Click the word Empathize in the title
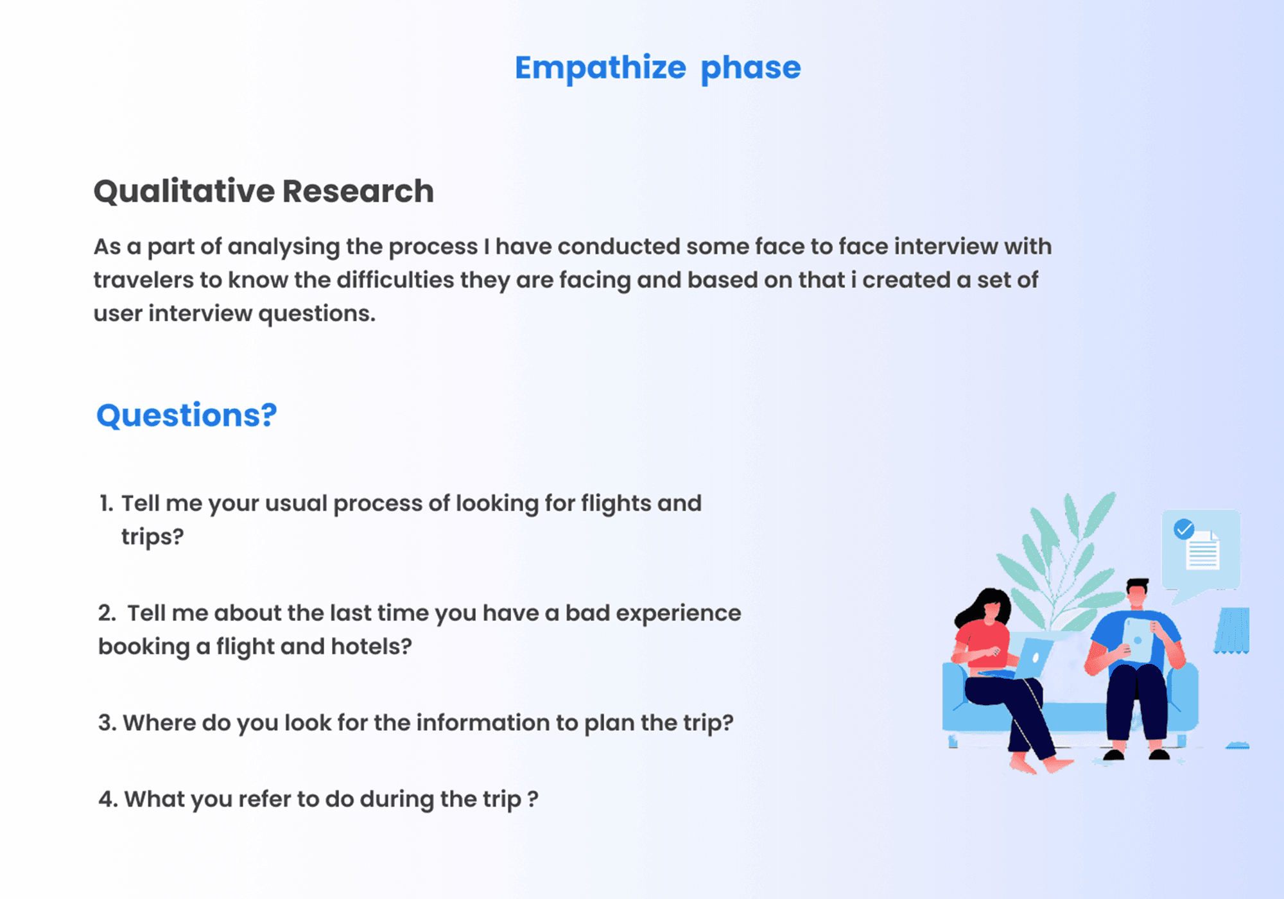[600, 68]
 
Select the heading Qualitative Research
[264, 191]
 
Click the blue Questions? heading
[187, 415]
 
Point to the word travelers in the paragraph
[143, 280]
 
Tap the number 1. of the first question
[107, 503]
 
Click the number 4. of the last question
[108, 799]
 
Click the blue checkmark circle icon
[1184, 529]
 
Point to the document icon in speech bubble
[1202, 550]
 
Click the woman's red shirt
[981, 644]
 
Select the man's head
[1137, 594]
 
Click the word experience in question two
[679, 614]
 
